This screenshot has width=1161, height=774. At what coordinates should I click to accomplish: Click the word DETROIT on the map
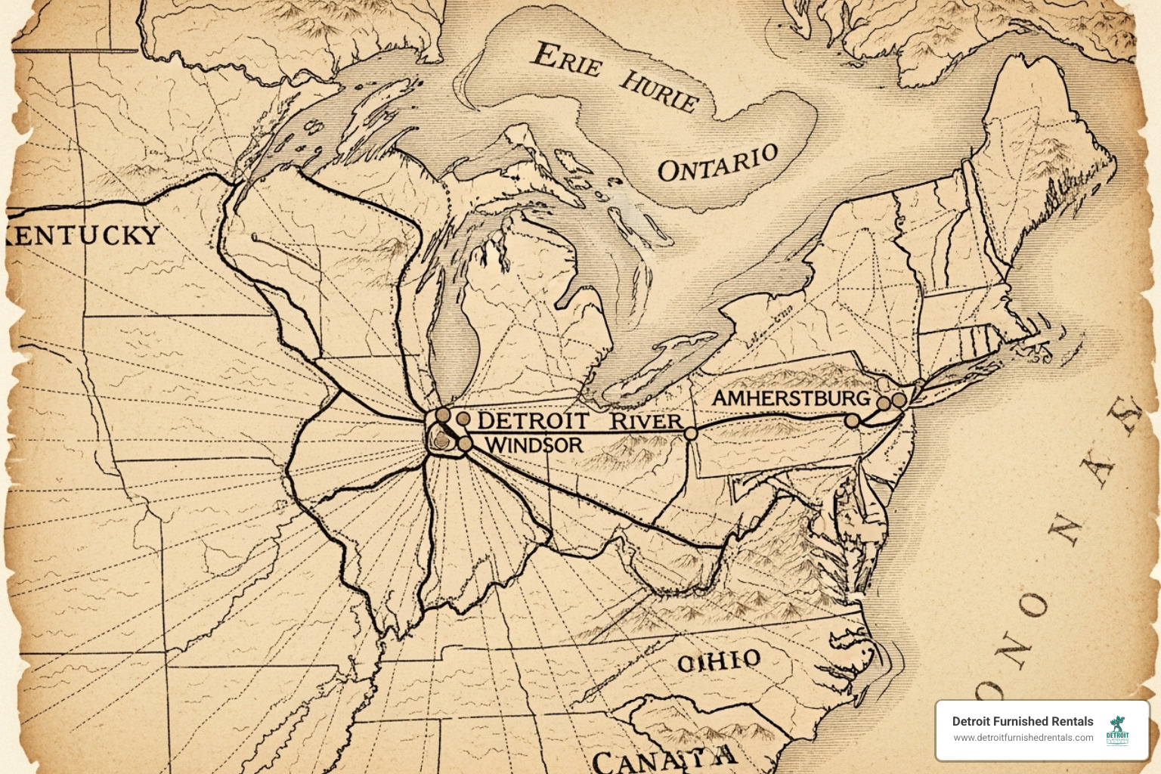point(534,421)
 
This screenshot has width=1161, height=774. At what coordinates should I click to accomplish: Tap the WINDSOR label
point(534,444)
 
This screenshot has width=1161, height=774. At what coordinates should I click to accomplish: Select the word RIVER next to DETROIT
point(646,421)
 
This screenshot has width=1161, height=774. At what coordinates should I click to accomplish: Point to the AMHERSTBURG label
point(791,398)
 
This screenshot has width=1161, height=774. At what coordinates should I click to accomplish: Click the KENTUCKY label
point(83,234)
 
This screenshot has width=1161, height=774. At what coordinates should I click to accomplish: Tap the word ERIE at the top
point(567,60)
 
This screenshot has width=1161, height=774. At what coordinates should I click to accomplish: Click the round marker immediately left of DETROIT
point(463,418)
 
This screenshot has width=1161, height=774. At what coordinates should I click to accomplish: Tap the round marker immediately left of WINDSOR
point(465,444)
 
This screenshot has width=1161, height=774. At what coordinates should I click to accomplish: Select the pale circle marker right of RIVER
point(690,433)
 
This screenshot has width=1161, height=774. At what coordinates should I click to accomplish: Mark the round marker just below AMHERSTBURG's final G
point(852,420)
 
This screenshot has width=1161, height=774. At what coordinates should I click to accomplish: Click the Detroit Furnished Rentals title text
point(1022,721)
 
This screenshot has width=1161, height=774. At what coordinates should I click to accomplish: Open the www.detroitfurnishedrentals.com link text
point(1022,738)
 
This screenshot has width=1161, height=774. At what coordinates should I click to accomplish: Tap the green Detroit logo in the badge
point(1117,730)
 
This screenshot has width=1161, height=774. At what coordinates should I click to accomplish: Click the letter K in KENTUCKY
point(15,236)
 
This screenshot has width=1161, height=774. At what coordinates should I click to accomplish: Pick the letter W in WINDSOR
point(494,444)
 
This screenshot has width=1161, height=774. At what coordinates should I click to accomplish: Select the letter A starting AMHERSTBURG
point(721,398)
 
